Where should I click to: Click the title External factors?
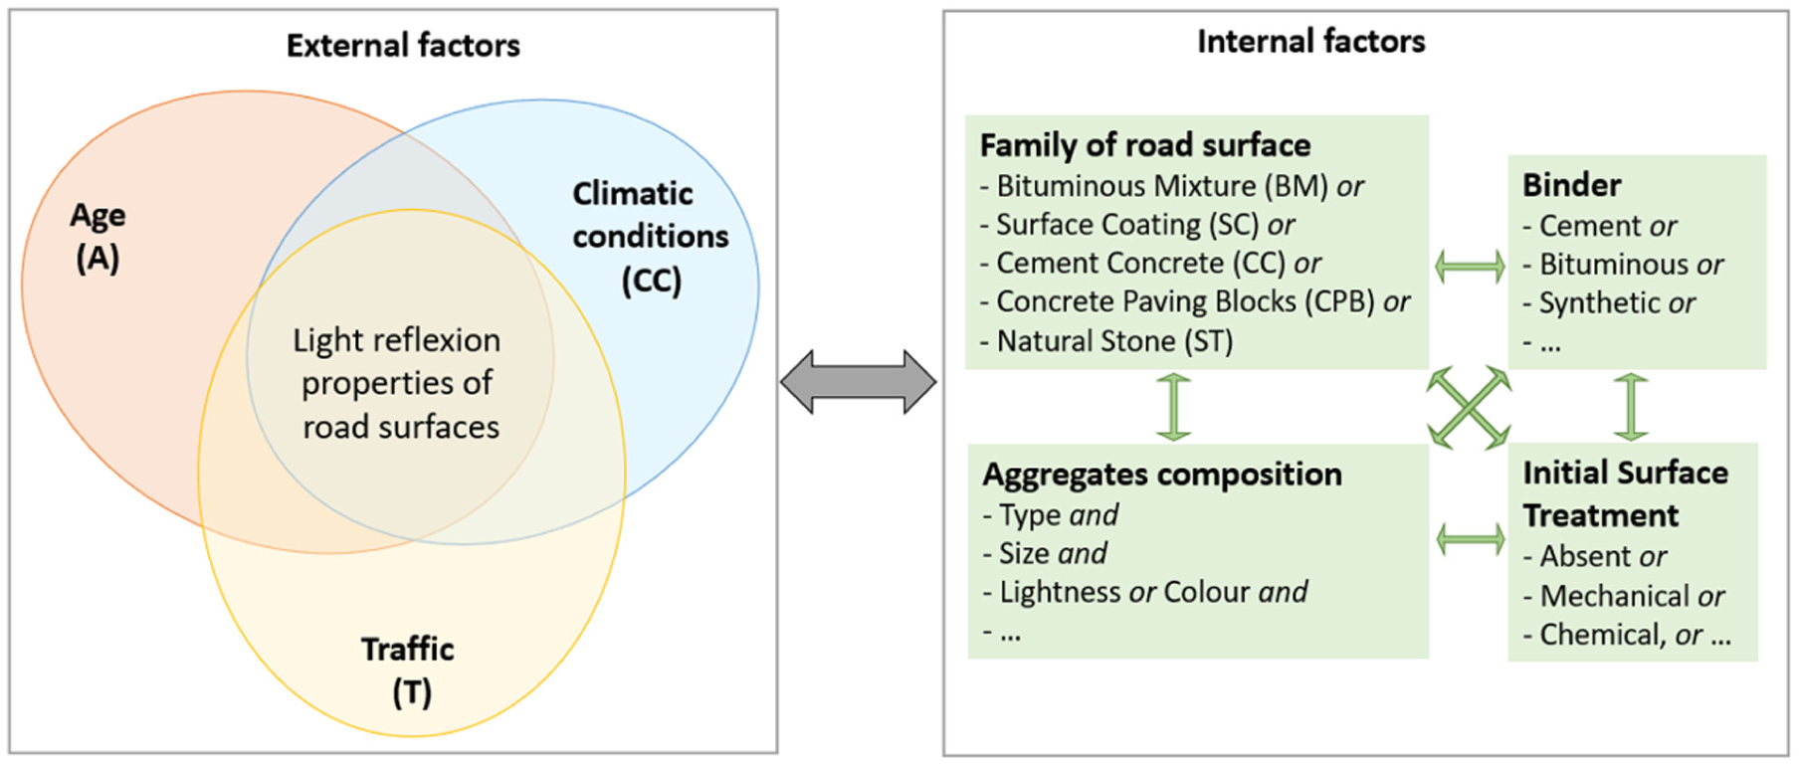[403, 45]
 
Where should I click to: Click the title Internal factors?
[1310, 41]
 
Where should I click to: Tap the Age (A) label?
[98, 237]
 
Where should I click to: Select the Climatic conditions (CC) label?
[651, 237]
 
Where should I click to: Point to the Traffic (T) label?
[408, 670]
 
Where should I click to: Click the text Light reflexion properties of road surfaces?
[397, 383]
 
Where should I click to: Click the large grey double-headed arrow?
[859, 381]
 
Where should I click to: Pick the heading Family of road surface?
[1145, 145]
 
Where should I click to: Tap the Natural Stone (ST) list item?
[1106, 341]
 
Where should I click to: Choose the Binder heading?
[1571, 185]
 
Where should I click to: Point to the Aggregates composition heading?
[1162, 475]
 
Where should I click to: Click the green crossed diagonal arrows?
[1469, 407]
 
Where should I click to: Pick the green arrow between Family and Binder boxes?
[1470, 266]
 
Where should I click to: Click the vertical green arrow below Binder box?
[1630, 406]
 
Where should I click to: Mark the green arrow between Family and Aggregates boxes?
[1174, 406]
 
